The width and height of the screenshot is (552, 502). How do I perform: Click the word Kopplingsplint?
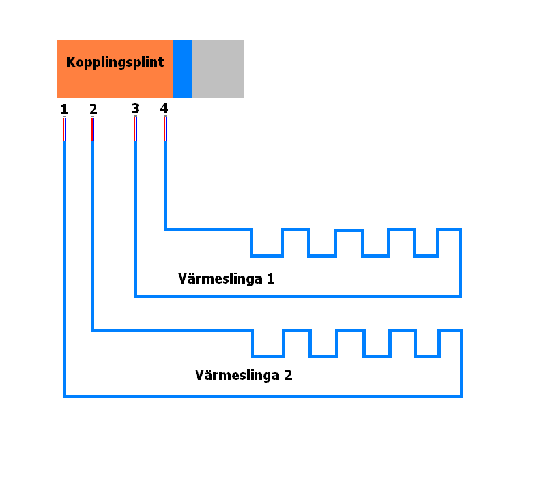115,63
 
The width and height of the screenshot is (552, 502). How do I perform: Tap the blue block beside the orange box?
182,69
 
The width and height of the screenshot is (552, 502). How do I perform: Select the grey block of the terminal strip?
218,69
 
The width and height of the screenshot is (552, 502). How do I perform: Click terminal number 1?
64,109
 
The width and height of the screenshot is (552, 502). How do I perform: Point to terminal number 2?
93,109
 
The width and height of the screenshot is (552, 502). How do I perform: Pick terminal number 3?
135,108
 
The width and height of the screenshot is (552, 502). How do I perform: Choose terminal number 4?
164,108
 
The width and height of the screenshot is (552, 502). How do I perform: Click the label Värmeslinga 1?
226,279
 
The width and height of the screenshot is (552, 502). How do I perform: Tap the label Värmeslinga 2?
244,376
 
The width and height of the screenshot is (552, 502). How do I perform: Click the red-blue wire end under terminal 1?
64,130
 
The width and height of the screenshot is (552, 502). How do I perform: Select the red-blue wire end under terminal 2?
93,130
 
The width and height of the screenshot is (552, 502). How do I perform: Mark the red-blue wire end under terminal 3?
135,129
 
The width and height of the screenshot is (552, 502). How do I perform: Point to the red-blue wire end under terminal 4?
165,129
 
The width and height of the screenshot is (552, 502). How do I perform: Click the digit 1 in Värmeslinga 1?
270,278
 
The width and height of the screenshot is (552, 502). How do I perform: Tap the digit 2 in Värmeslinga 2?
288,375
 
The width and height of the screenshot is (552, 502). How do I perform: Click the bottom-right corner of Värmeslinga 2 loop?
461,396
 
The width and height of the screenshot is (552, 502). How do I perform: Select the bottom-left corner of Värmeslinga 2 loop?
65,396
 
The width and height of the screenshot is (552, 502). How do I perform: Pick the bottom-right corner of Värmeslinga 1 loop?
460,296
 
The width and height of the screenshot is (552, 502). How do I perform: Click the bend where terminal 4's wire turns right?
165,229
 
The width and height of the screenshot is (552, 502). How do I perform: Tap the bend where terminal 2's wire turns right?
93,330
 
